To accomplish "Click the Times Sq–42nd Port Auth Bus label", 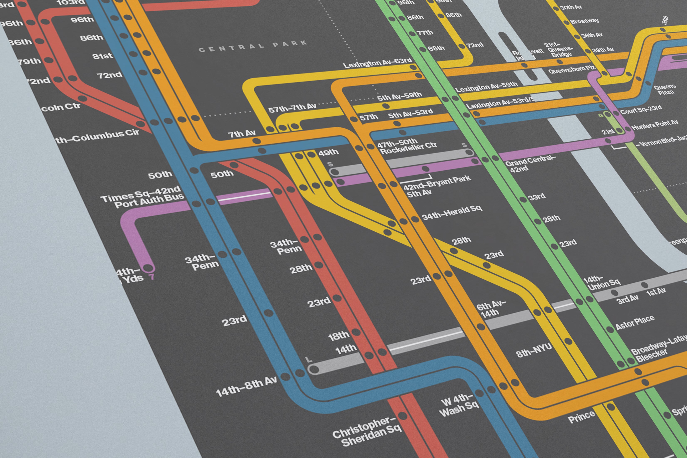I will (x=142, y=198).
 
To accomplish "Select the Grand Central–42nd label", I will (x=530, y=163).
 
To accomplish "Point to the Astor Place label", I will (x=635, y=322).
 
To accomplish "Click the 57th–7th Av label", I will (x=292, y=108).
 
